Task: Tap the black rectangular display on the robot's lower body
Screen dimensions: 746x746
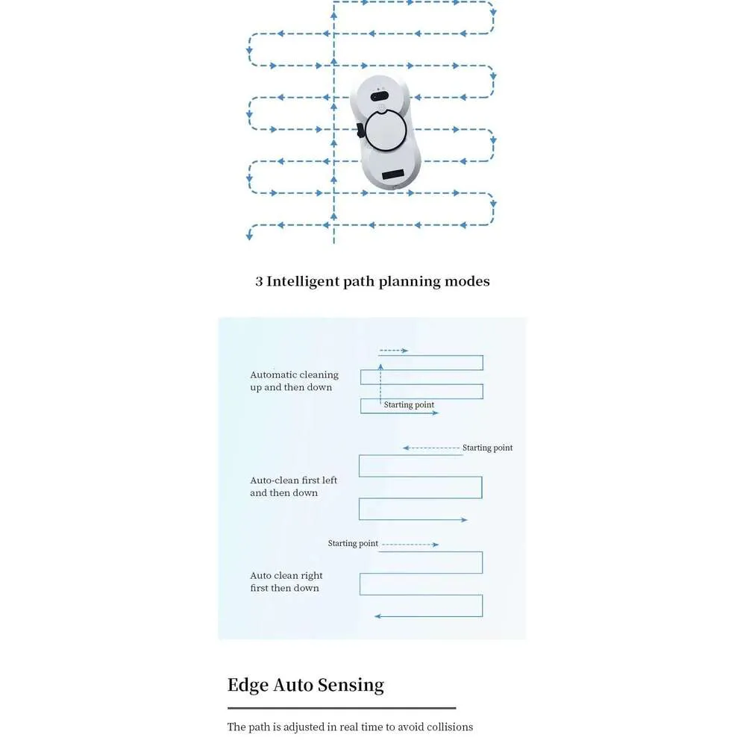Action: point(393,174)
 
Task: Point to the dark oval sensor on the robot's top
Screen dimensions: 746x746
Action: point(380,96)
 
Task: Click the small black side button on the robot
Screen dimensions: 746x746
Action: point(360,131)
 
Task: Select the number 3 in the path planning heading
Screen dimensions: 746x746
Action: point(259,282)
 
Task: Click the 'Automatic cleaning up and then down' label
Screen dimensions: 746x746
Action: point(295,380)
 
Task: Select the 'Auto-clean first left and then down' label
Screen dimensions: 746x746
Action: point(293,486)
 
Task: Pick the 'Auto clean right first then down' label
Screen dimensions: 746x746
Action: point(286,581)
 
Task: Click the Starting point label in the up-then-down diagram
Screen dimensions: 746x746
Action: point(409,404)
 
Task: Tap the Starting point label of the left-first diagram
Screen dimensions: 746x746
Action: point(487,448)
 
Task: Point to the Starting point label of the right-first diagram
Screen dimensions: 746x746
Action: point(353,543)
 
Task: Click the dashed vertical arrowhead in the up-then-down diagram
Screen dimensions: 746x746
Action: point(380,367)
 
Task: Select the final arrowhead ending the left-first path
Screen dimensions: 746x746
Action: point(464,520)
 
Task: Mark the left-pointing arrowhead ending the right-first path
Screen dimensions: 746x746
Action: point(377,616)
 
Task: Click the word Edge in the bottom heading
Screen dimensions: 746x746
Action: point(248,686)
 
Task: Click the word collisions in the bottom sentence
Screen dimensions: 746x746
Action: point(450,727)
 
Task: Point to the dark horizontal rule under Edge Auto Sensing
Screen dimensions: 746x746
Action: point(342,709)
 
